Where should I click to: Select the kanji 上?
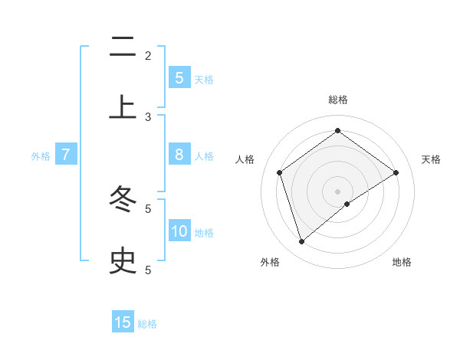point(123,107)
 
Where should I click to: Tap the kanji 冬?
point(123,201)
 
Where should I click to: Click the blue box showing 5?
point(179,78)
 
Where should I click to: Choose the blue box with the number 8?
point(179,155)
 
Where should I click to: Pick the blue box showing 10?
point(179,231)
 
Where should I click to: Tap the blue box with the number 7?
point(66,155)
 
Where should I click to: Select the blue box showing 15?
point(123,322)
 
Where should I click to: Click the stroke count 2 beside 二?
point(148,56)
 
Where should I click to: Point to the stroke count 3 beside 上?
point(148,117)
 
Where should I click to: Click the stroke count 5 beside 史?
point(148,270)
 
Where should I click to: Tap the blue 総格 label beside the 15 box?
point(147,324)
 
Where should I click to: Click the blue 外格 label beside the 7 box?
point(41,156)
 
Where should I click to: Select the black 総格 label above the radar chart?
point(337,100)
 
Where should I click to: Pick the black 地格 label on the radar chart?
point(402,263)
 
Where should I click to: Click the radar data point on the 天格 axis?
point(396,172)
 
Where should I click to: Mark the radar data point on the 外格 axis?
point(301,241)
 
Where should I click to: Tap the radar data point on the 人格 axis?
point(280,172)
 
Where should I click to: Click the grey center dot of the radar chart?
point(337,191)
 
